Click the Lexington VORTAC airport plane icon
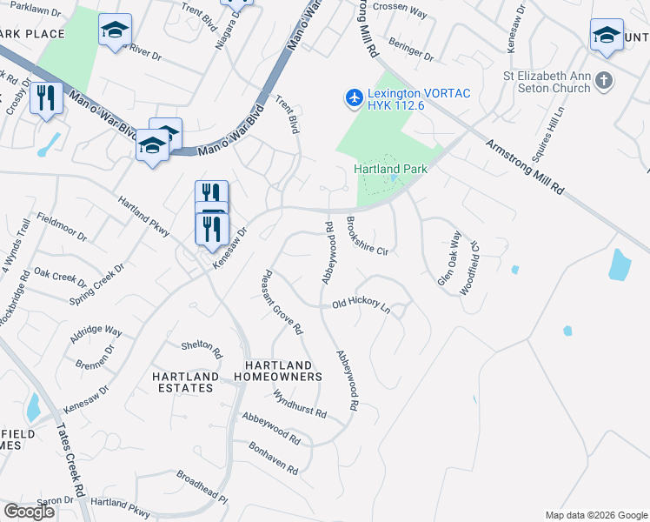point(354,97)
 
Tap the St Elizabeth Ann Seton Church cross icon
point(605,82)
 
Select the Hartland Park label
point(390,169)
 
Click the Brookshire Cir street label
point(367,235)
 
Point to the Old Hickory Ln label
point(361,304)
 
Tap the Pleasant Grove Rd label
point(282,302)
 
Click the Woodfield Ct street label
point(470,264)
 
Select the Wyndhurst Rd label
point(299,404)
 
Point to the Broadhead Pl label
point(202,488)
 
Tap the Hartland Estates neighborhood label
point(185,382)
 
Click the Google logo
point(29,511)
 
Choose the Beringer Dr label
point(412,49)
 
